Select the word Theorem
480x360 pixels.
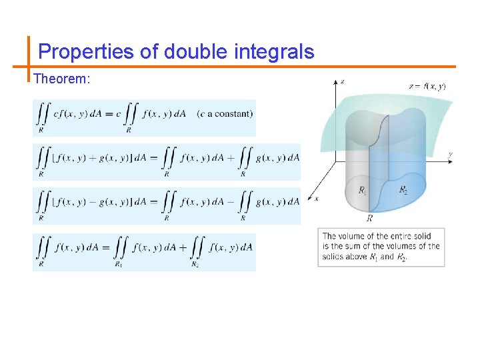(x=61, y=79)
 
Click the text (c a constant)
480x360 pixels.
(x=225, y=113)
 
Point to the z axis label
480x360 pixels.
(x=342, y=82)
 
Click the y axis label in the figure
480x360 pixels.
(x=451, y=155)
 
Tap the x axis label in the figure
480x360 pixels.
(x=316, y=198)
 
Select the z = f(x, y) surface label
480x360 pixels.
(x=427, y=86)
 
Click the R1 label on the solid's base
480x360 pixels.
(x=362, y=191)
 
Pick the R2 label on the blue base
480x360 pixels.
(x=403, y=190)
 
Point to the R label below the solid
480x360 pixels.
(x=369, y=218)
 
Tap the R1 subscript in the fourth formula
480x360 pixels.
(x=118, y=264)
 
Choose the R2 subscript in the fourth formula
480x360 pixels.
(x=195, y=264)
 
